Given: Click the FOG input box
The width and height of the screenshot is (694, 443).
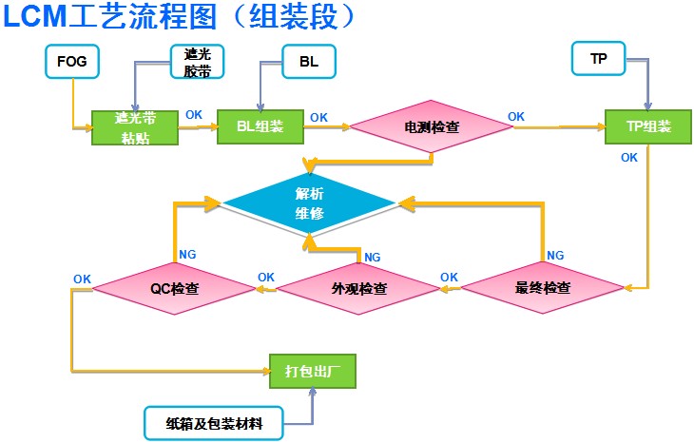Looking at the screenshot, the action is (71, 62).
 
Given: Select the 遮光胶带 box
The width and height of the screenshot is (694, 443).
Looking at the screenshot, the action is (198, 62).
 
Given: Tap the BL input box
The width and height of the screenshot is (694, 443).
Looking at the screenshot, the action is (309, 62).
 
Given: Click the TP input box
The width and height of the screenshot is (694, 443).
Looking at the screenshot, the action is (598, 58).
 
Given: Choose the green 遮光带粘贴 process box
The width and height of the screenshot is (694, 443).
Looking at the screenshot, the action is (135, 127).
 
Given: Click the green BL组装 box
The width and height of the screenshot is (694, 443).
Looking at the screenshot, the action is (260, 126).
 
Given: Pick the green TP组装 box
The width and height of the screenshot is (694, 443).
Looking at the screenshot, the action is (648, 126).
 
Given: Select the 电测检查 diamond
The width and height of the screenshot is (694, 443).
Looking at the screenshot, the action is (432, 126).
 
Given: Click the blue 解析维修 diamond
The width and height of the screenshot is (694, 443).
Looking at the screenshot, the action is (309, 203).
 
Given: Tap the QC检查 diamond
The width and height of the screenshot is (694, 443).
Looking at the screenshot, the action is (175, 289).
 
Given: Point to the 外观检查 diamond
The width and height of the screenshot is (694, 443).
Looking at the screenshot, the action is (359, 289).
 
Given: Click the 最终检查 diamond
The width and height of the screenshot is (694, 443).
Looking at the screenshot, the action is (543, 288).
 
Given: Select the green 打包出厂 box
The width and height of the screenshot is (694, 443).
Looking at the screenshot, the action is (313, 372).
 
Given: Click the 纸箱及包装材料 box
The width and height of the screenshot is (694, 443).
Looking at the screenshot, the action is (214, 424).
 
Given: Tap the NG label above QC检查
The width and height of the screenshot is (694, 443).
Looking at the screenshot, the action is (187, 255).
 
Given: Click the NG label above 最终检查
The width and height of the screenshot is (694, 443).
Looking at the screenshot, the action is (555, 256).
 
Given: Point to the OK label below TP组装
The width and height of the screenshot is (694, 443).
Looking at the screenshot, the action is (629, 158).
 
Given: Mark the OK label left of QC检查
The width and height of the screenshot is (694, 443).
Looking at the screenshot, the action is (82, 279).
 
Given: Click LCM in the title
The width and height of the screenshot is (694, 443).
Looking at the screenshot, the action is (34, 16).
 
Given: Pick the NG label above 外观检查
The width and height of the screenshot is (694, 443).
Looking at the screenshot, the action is (373, 257).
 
